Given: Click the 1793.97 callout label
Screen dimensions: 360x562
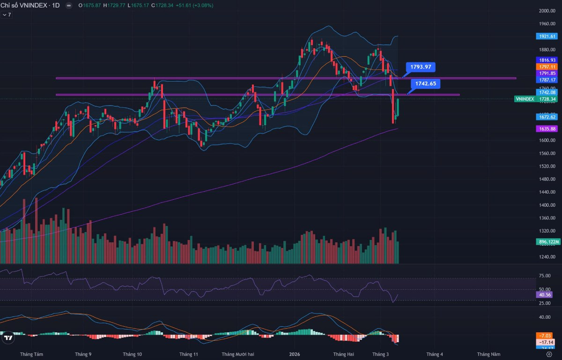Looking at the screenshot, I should [x=421, y=67].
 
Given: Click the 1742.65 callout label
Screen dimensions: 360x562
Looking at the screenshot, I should [x=426, y=83].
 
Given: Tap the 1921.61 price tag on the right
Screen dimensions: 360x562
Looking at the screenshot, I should [x=547, y=36].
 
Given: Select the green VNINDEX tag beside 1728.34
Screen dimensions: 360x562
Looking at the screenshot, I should [x=524, y=99].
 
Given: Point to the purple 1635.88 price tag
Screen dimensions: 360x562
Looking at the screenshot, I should [x=547, y=128].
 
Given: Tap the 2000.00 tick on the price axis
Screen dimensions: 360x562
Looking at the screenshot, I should [x=546, y=10].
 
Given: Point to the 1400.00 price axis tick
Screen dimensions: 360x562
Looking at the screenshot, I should [x=546, y=205].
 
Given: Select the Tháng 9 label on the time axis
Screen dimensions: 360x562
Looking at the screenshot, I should [x=83, y=354].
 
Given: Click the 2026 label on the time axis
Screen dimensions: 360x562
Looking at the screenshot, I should [x=295, y=354].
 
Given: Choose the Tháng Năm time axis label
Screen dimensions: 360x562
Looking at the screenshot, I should [x=488, y=354].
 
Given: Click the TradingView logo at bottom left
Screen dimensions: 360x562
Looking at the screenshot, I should [x=8, y=337].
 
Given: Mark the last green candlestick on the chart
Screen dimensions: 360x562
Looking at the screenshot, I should [x=398, y=107].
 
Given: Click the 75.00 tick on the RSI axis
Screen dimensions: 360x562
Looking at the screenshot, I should [x=545, y=276].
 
